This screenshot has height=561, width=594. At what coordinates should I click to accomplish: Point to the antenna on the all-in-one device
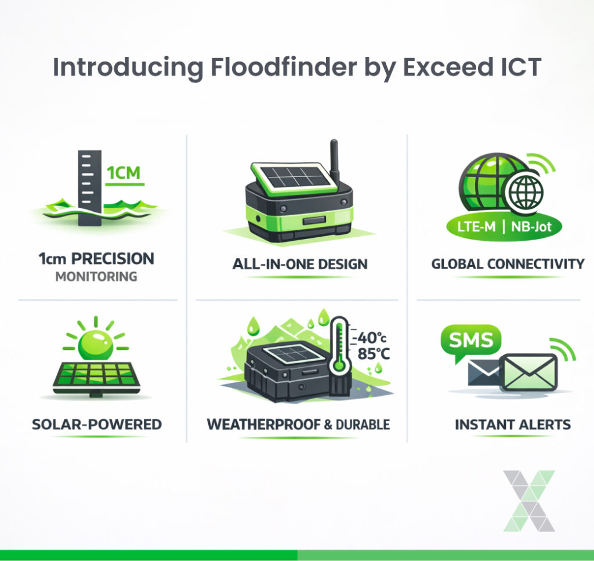(x=334, y=160)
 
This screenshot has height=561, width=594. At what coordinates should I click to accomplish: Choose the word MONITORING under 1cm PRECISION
(x=96, y=277)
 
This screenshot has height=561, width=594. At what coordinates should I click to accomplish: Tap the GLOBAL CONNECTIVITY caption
(x=508, y=265)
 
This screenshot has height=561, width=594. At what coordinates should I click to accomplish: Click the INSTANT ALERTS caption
(x=512, y=425)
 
